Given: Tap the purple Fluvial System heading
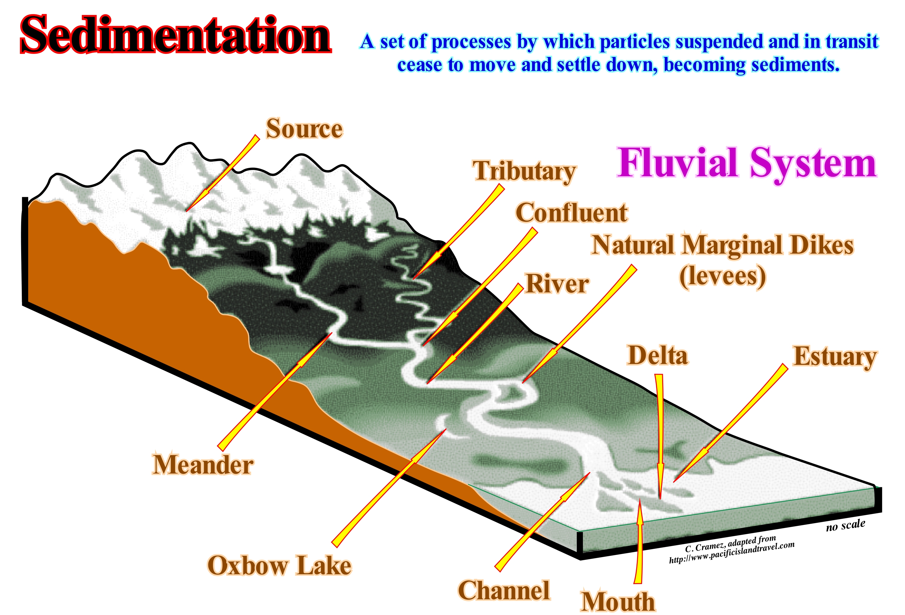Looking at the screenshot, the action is [747, 164].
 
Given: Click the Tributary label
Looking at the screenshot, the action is [524, 171].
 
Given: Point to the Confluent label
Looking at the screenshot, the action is [571, 213].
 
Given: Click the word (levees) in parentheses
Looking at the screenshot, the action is [723, 277].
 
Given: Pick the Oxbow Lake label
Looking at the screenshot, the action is [279, 566].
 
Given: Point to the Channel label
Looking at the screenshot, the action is [504, 590].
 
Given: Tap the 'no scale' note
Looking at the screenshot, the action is [846, 526].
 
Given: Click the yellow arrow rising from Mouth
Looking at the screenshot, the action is [639, 542].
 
